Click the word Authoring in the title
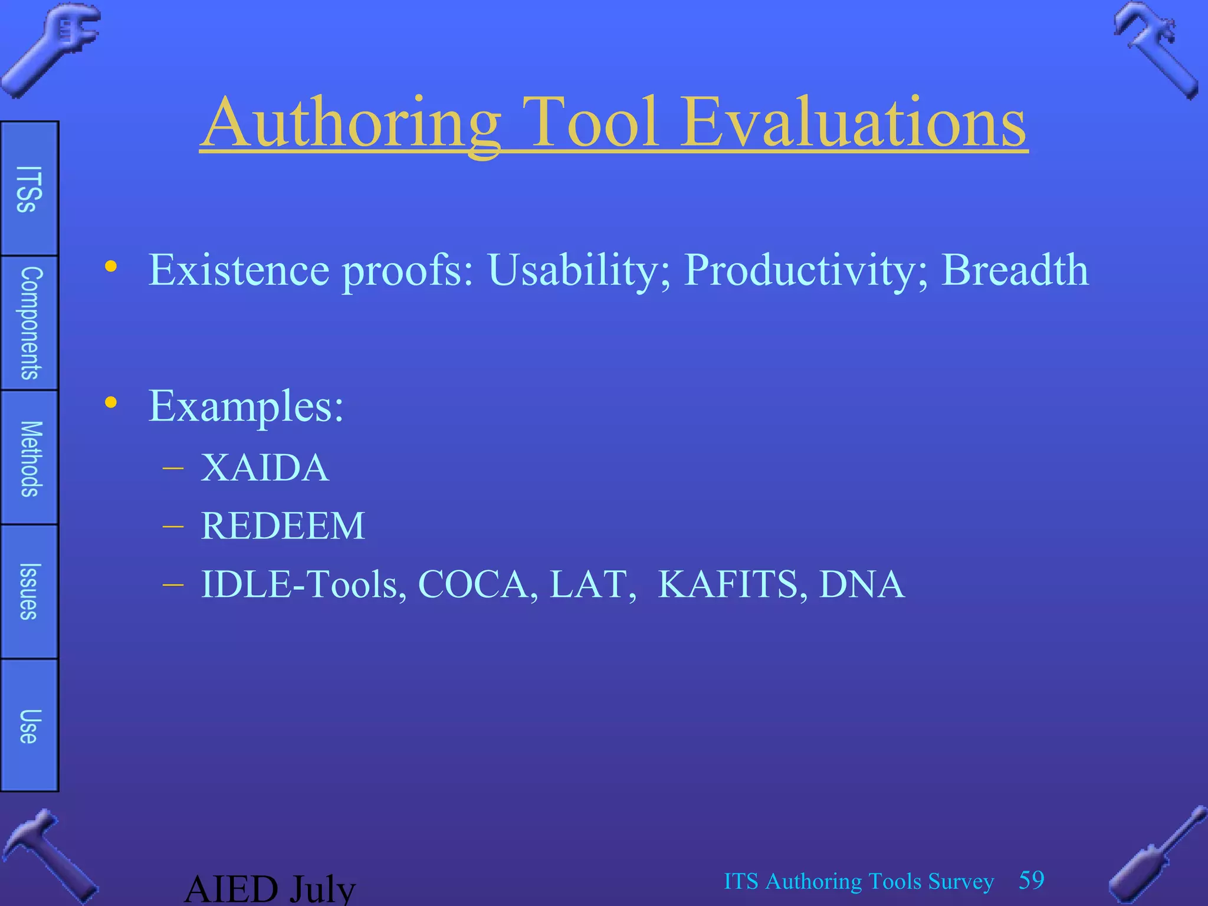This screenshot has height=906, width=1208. [x=351, y=124]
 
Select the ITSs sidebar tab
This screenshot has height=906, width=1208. [x=29, y=189]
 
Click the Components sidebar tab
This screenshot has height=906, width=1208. [x=29, y=323]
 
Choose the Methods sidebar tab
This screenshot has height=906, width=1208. [x=29, y=458]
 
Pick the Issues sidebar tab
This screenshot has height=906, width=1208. [x=29, y=592]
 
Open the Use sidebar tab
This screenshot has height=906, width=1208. [x=29, y=726]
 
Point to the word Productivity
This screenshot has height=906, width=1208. [x=806, y=270]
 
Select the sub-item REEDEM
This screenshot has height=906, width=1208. [x=283, y=526]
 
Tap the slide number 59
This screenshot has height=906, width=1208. [x=1031, y=880]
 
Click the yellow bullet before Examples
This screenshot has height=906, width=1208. [x=110, y=403]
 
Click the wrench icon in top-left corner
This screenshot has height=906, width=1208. [x=50, y=47]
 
